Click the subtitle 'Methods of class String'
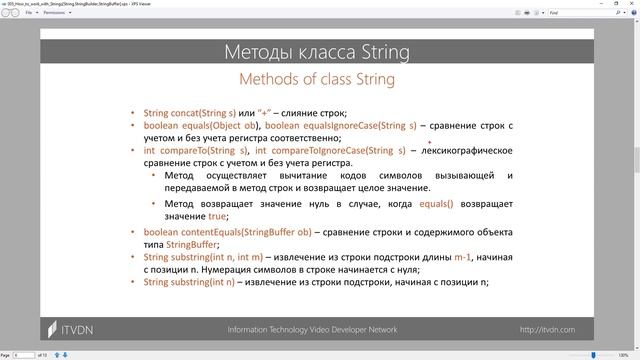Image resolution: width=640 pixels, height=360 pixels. pos(319,79)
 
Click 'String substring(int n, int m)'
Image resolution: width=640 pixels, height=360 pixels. pos(206,257)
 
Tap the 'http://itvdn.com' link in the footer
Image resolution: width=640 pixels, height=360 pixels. pos(554,329)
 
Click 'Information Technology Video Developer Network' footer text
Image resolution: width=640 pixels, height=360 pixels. pos(312,329)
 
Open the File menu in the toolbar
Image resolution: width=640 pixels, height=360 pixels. pos(29,13)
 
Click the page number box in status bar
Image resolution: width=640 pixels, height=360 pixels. pos(19,355)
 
